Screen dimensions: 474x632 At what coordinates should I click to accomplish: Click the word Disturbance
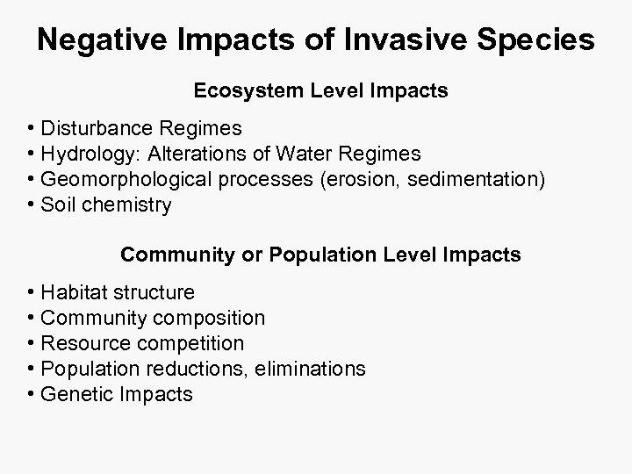coord(97,129)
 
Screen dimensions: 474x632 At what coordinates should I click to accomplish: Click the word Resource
coord(83,343)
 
